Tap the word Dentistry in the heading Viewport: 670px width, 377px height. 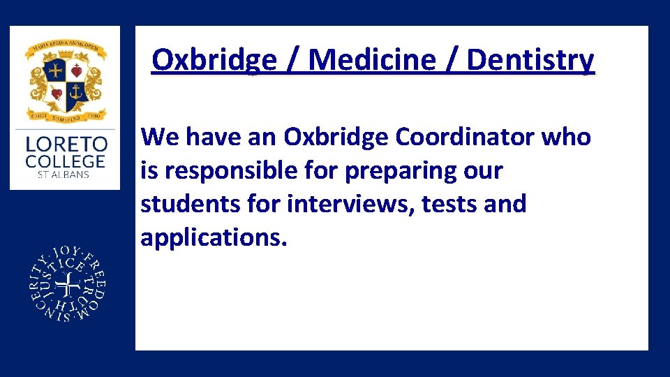530,60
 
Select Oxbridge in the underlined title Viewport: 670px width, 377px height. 214,60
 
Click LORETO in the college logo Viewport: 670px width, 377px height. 66,145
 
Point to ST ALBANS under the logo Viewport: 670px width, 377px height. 64,174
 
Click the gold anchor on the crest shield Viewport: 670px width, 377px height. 76,91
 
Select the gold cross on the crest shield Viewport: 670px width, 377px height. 56,71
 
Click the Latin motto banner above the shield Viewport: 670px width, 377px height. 65,47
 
